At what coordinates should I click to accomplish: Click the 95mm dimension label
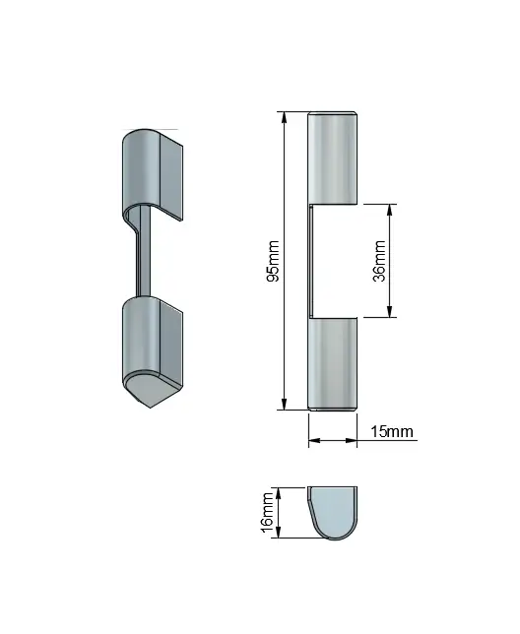273,261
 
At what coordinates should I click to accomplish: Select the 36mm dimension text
379,261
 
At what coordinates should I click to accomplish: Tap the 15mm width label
392,431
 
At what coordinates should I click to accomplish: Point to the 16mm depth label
268,512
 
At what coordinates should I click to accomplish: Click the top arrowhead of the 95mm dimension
285,117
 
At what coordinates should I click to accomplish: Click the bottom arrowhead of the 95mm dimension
285,404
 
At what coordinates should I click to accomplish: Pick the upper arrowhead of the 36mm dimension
390,210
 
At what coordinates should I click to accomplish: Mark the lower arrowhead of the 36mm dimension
390,311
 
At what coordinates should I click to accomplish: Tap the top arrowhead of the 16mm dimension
278,493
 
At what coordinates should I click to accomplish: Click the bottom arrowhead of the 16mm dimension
278,533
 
